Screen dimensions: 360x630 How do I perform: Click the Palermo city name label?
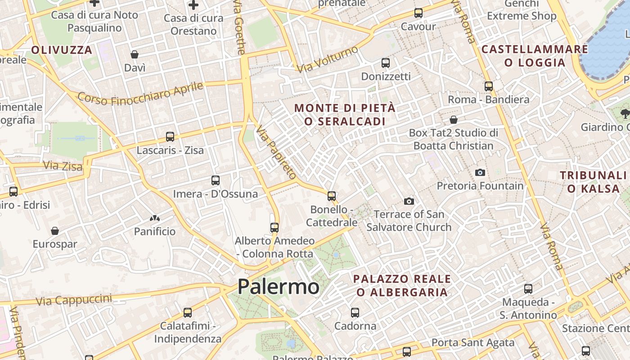click(279, 287)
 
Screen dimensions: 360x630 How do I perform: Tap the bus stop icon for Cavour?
click(418, 13)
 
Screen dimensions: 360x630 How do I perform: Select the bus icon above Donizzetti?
click(386, 63)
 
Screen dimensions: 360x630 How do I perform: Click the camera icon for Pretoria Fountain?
click(480, 172)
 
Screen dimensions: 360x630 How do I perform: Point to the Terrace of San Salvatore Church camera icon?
click(409, 201)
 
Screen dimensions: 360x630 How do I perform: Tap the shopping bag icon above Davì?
click(135, 54)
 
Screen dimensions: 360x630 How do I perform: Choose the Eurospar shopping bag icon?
click(55, 231)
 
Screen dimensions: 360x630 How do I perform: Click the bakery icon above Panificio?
click(155, 218)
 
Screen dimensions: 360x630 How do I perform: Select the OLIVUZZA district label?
click(62, 50)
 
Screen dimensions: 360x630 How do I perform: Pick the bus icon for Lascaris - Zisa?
click(170, 137)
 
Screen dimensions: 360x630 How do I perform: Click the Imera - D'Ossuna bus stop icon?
click(216, 180)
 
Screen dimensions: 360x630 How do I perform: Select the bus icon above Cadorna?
click(355, 312)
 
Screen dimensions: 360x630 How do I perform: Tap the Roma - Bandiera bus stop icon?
click(489, 86)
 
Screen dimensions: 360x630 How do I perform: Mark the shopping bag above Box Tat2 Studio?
click(454, 120)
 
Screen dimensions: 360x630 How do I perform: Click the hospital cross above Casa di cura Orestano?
click(193, 5)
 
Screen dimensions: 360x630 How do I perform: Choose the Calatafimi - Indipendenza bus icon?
click(188, 312)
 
